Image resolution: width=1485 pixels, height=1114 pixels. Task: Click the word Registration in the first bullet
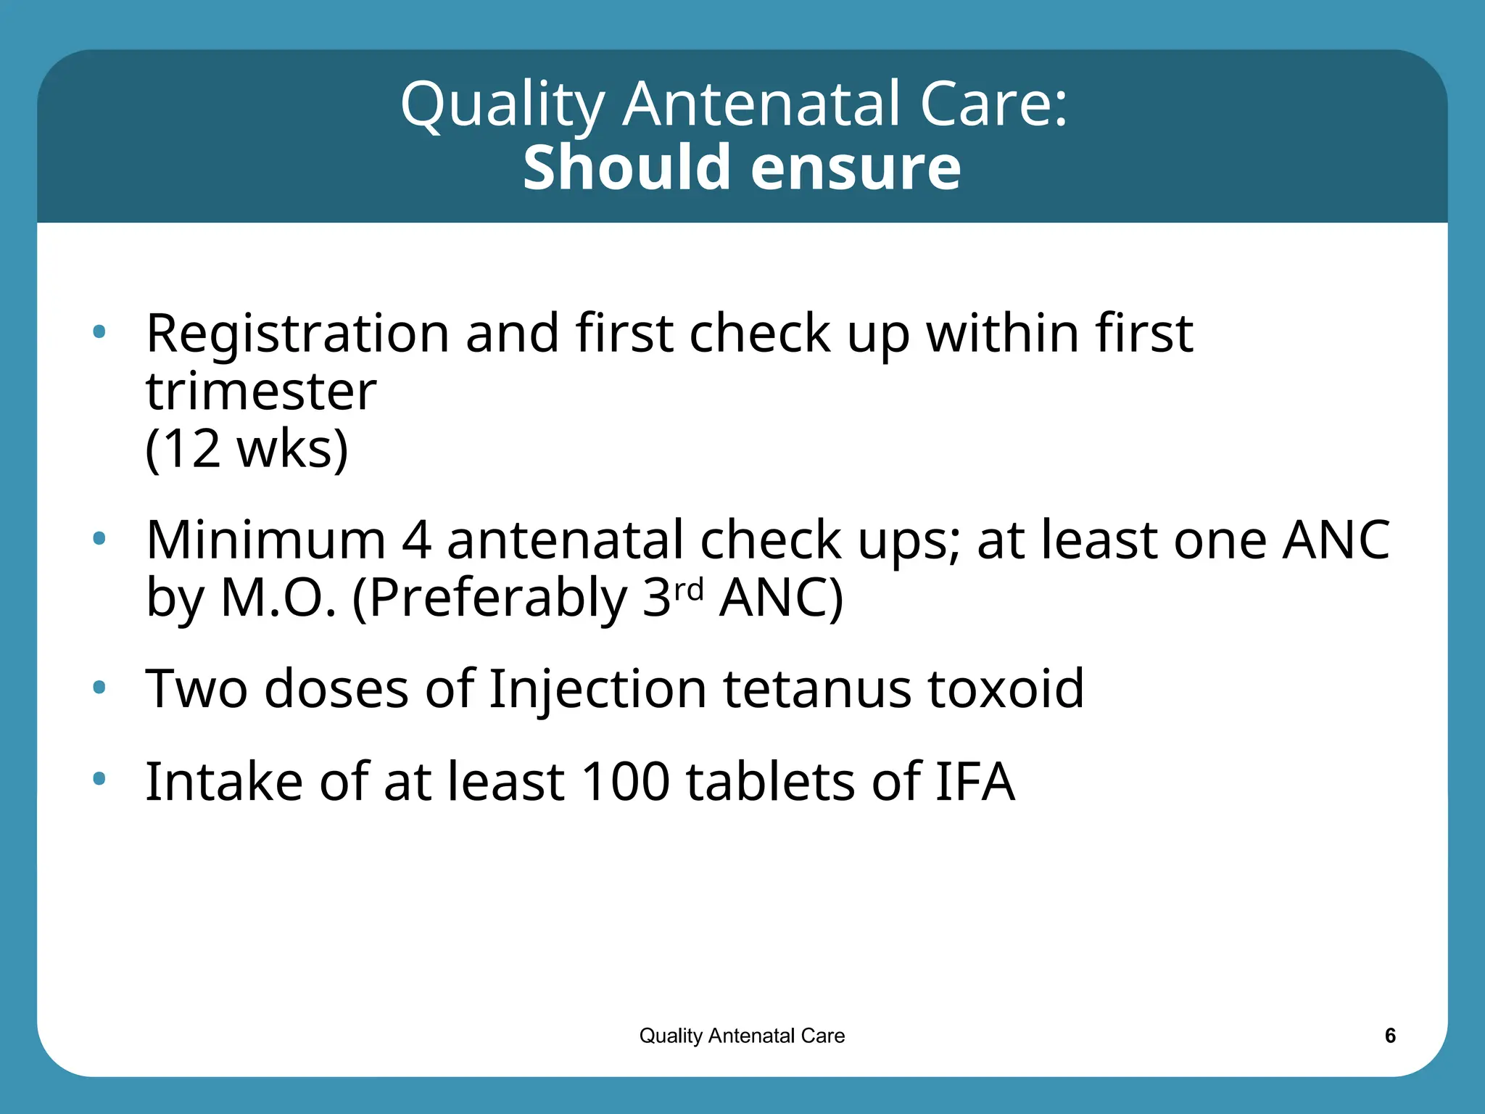click(297, 334)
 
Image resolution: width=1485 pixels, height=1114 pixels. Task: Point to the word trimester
click(261, 392)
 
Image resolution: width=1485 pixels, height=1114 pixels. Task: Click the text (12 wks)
click(247, 449)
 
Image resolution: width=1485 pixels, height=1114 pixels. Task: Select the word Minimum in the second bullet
click(265, 540)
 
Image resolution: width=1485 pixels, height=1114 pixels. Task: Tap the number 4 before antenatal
click(416, 540)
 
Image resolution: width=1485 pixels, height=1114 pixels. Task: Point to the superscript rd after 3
click(689, 589)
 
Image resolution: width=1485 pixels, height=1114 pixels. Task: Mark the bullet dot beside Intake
click(99, 779)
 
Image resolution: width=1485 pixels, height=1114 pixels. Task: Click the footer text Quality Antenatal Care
click(742, 1036)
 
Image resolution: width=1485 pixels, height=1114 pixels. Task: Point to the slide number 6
click(1390, 1036)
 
